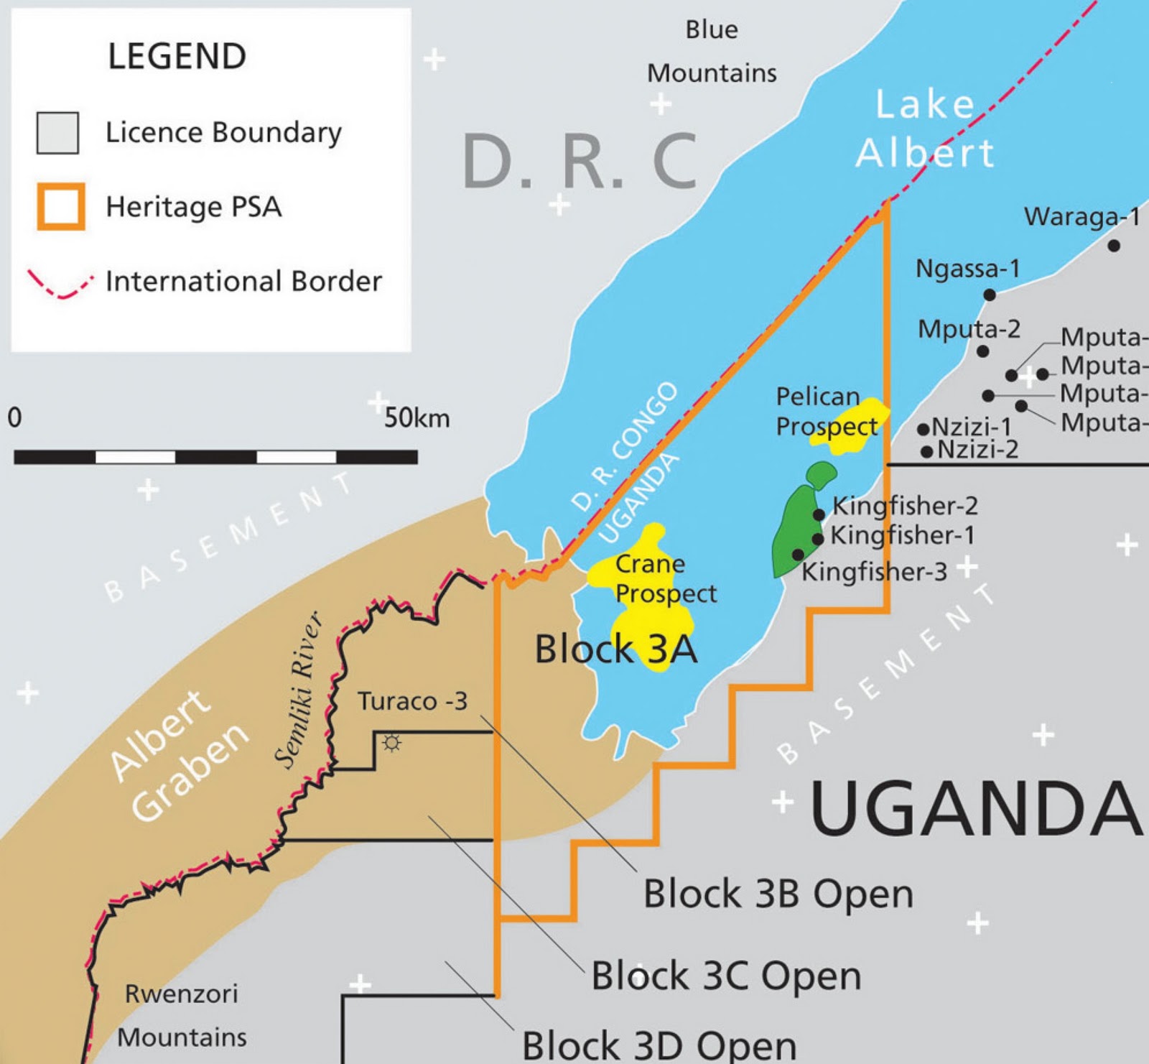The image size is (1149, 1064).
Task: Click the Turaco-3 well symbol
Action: (391, 743)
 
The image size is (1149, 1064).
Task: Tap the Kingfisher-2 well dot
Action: (819, 514)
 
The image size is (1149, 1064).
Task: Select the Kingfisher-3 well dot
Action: (798, 554)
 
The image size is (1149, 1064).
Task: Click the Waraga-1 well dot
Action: (1114, 246)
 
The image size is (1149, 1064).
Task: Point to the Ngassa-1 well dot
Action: (990, 295)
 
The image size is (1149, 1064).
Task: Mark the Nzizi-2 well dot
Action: (927, 452)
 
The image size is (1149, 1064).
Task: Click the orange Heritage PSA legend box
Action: (61, 206)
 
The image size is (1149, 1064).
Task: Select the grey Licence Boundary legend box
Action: (57, 133)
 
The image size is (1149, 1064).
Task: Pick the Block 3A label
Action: (615, 649)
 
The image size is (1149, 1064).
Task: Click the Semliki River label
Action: (298, 690)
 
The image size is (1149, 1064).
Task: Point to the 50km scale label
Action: (417, 417)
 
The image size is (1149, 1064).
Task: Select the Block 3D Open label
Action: (659, 1045)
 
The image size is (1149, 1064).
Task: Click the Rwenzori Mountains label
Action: (182, 1015)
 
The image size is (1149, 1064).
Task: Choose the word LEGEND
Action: (177, 56)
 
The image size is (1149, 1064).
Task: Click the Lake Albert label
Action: (925, 129)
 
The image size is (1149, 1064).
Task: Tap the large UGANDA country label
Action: (975, 808)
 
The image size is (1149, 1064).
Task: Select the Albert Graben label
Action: (180, 754)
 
